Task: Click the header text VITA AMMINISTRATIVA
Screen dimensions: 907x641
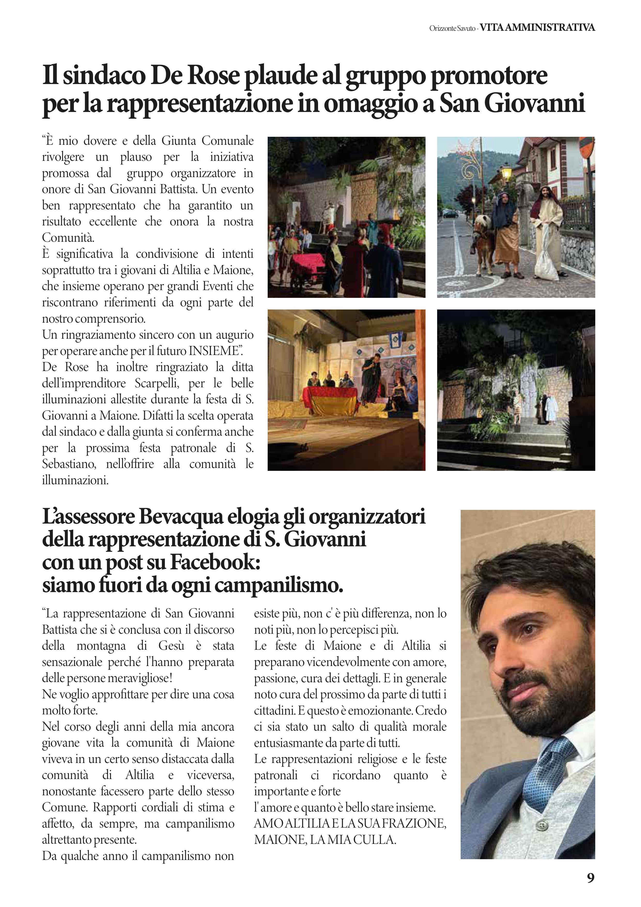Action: pyautogui.click(x=537, y=28)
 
